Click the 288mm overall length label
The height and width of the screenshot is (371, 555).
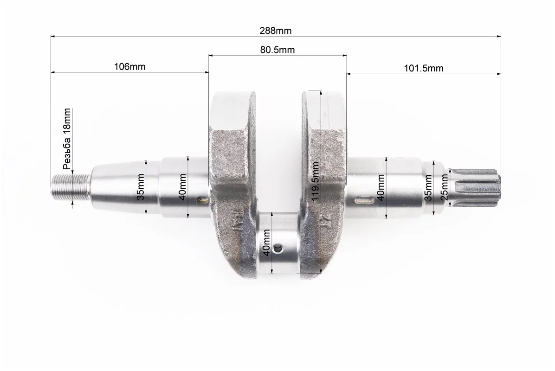tap(275, 31)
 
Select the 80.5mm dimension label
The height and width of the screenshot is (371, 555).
tap(277, 50)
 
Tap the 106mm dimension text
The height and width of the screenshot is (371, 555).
tap(129, 66)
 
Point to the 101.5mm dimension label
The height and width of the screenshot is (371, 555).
tap(424, 68)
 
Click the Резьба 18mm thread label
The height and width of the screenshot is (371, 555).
tap(67, 139)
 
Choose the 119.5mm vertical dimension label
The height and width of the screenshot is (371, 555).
tap(316, 181)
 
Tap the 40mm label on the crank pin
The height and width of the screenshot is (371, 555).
tap(267, 243)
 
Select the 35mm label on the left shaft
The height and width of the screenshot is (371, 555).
tap(141, 187)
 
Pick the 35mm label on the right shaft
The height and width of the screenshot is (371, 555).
tap(428, 188)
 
